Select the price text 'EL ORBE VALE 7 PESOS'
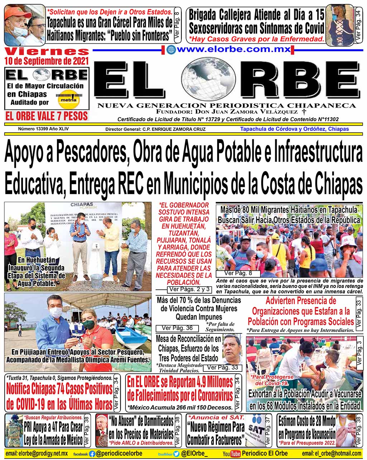coord(47,116)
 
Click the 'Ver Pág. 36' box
coord(177,328)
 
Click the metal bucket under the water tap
coord(96,280)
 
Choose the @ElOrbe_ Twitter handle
coord(194,454)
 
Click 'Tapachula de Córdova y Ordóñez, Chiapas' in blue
coord(294,129)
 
